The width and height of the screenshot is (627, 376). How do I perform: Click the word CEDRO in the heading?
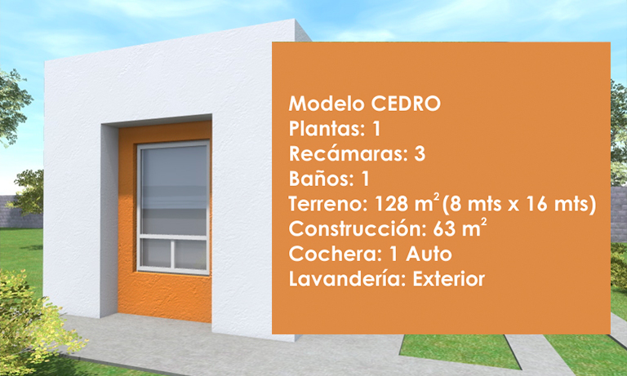click(x=406, y=104)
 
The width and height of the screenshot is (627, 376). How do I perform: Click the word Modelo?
click(x=327, y=104)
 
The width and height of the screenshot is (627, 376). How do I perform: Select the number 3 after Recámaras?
click(x=420, y=154)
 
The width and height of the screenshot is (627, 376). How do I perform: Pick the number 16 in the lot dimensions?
click(x=536, y=204)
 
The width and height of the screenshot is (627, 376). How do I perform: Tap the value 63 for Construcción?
click(x=445, y=229)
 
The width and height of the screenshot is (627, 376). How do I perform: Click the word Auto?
click(x=429, y=254)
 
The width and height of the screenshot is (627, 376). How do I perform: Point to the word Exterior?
click(x=449, y=279)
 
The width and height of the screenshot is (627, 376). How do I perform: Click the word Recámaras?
click(x=347, y=154)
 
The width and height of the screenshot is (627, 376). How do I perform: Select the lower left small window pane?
click(x=156, y=254)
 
